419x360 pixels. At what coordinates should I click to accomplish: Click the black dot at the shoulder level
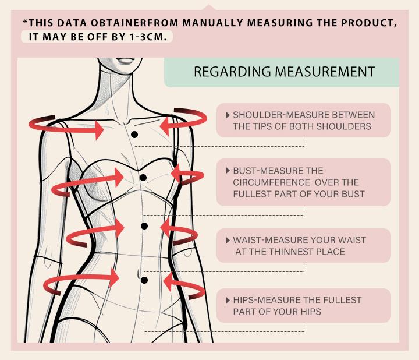pyautogui.click(x=134, y=135)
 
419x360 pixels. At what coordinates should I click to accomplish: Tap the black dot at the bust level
pyautogui.click(x=143, y=178)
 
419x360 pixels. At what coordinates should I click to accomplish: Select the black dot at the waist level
pyautogui.click(x=144, y=226)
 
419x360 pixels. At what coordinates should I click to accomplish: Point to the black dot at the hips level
pyautogui.click(x=144, y=280)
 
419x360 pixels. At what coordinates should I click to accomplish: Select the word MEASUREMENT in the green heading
pyautogui.click(x=325, y=72)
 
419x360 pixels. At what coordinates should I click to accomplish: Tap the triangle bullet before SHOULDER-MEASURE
pyautogui.click(x=228, y=115)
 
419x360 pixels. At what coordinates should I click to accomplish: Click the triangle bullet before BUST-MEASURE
pyautogui.click(x=228, y=171)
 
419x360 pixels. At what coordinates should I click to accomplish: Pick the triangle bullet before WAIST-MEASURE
pyautogui.click(x=228, y=240)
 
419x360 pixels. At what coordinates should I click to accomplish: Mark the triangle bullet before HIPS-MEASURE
pyautogui.click(x=228, y=300)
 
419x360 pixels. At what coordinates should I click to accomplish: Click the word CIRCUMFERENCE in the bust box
pyautogui.click(x=272, y=182)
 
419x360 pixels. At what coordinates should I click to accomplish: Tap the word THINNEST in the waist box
pyautogui.click(x=291, y=252)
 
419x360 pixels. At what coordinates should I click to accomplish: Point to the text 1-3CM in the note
pyautogui.click(x=147, y=37)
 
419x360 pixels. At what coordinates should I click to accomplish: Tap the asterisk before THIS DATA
pyautogui.click(x=26, y=22)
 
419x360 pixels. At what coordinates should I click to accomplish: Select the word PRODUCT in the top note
pyautogui.click(x=369, y=23)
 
